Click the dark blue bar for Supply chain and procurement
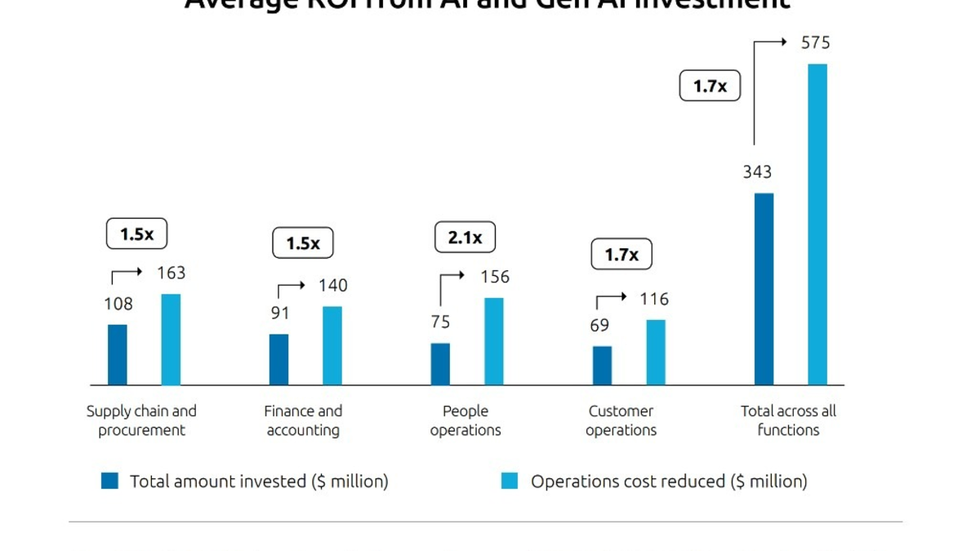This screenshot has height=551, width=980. point(118,354)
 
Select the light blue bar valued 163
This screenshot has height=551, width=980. point(171,340)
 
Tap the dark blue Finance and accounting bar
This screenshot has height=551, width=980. point(278,359)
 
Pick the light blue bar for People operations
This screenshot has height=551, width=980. point(493,341)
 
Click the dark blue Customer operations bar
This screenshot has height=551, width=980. point(602,365)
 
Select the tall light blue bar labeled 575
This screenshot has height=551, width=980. point(817,224)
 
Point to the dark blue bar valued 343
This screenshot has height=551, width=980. point(764,289)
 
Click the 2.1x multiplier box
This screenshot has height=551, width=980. point(465,238)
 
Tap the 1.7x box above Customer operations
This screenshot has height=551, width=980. point(621,255)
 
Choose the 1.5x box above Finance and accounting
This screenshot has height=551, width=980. point(303,243)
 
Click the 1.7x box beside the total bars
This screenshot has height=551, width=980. point(710,86)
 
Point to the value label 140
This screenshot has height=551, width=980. point(332,286)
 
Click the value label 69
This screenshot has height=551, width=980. point(599,326)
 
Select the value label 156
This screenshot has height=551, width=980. point(494,278)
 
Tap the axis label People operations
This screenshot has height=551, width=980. point(465,420)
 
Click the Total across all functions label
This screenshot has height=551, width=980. point(788,420)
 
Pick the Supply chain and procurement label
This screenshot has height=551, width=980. point(141,420)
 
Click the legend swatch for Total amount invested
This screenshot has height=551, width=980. point(109,481)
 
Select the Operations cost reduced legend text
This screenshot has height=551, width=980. point(669,482)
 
